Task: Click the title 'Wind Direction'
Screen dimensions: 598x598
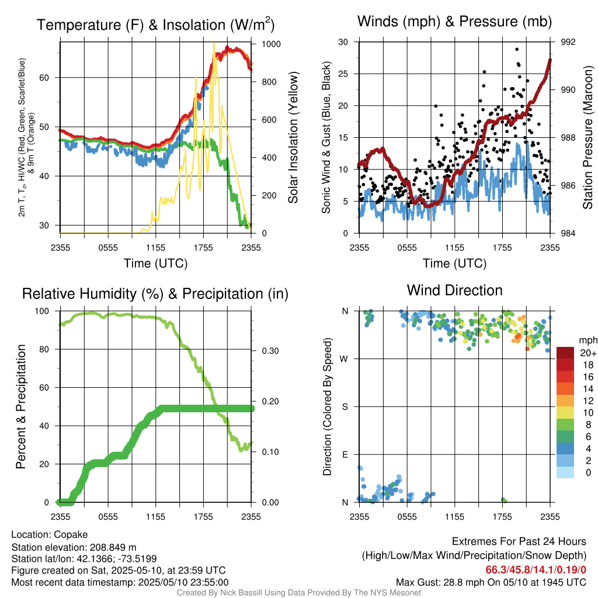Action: click(454, 290)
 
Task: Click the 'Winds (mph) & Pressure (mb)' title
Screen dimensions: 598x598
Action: click(454, 22)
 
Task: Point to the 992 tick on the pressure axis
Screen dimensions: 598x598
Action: click(569, 42)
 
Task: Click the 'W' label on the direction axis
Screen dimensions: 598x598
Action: click(345, 359)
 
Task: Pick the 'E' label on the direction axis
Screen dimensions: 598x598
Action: click(345, 454)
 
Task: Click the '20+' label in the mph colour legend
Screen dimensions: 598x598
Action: click(587, 353)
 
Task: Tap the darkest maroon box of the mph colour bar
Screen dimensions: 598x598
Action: click(566, 353)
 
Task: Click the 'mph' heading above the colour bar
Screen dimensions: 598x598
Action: click(587, 340)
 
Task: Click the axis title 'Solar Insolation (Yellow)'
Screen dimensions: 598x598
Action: click(293, 138)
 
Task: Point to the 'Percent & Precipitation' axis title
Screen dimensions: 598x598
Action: click(21, 406)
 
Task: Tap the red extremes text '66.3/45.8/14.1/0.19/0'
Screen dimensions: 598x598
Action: click(536, 569)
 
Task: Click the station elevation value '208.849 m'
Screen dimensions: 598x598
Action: click(113, 547)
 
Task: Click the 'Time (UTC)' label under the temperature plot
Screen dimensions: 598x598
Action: click(155, 263)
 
